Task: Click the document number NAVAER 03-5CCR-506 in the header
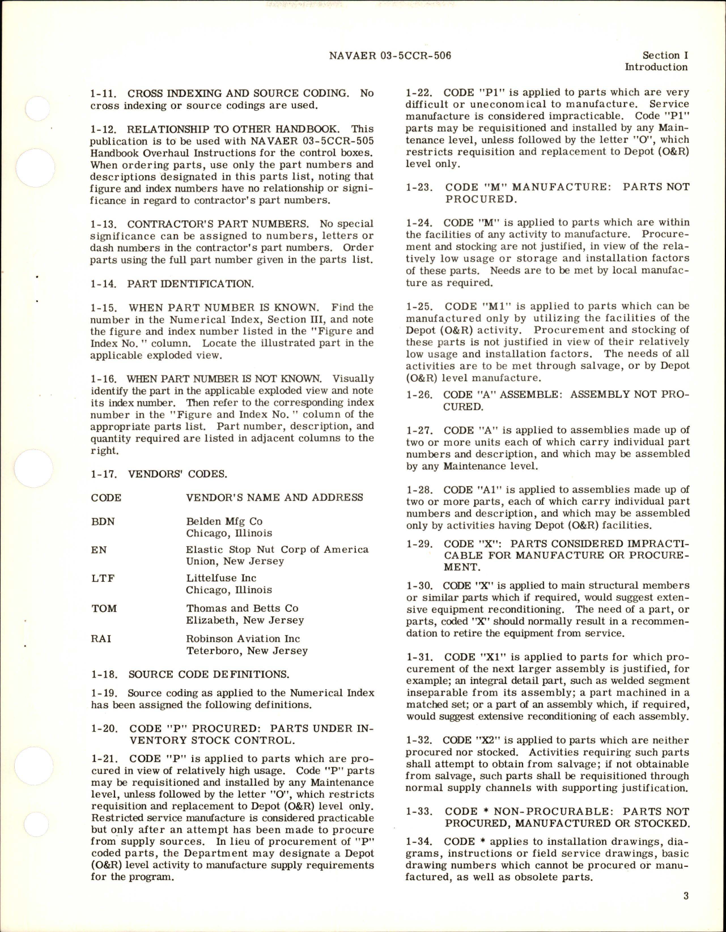(389, 56)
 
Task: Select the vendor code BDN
(103, 521)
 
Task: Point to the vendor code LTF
(103, 578)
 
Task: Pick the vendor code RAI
(101, 639)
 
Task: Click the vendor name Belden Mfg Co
(224, 521)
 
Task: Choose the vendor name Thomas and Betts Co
(242, 608)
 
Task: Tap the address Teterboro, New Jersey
(247, 650)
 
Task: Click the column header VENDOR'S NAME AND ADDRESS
(274, 497)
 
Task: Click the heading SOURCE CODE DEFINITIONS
(209, 674)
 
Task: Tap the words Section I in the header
(665, 56)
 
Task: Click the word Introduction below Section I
(656, 67)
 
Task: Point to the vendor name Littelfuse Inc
(221, 578)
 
